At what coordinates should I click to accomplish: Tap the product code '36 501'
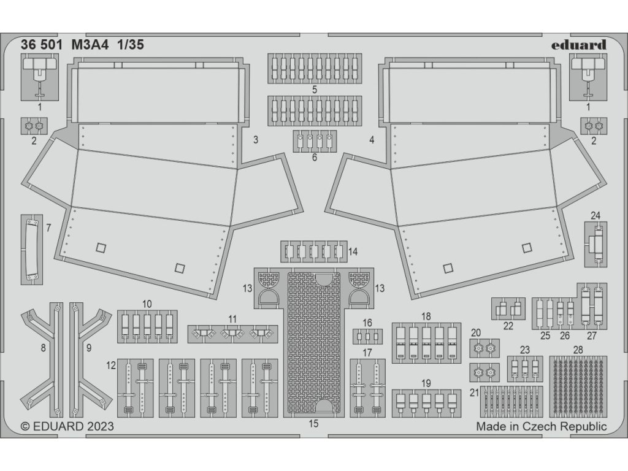pos(41,45)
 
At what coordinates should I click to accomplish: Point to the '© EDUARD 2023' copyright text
pos(67,426)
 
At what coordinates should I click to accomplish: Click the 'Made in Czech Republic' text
pos(542,426)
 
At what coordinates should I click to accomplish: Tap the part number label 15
pos(315,423)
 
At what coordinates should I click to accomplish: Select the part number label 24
pos(595,215)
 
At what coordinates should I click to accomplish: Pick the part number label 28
pos(577,350)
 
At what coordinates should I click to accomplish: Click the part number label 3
pos(256,139)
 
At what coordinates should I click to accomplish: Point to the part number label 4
pos(372,139)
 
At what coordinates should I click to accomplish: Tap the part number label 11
pos(232,318)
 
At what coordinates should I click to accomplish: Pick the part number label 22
pos(508,326)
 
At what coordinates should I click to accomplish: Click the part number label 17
pos(367,352)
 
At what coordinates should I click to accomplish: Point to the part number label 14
pos(353,251)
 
